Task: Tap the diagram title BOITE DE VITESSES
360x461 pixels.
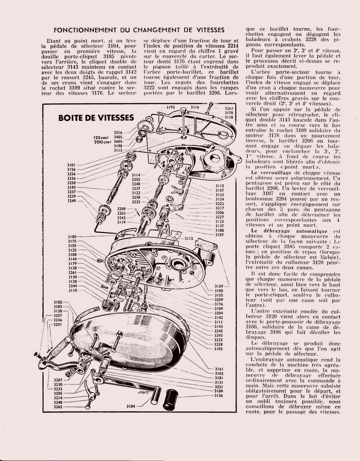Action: (x=96, y=118)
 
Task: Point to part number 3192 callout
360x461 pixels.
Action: (x=171, y=107)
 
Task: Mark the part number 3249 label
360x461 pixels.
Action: (x=72, y=201)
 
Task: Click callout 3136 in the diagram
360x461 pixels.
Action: (x=219, y=395)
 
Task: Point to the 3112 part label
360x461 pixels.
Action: (x=189, y=238)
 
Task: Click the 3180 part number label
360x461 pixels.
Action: (x=72, y=237)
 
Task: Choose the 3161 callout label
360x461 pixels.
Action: (x=219, y=369)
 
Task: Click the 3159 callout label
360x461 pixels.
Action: (x=219, y=286)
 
